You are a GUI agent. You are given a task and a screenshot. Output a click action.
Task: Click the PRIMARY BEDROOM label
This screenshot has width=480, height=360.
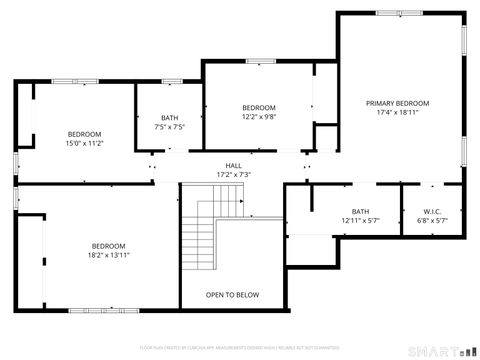397,103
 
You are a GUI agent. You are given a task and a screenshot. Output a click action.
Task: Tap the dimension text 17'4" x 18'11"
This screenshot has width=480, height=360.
397,112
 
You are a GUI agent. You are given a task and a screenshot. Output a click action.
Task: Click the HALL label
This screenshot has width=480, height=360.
233,166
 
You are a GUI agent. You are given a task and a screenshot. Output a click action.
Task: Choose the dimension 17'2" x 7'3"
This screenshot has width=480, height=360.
233,175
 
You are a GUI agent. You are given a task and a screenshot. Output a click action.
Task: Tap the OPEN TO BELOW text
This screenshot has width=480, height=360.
232,295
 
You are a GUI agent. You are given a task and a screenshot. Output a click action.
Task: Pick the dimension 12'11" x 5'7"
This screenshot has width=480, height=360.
360,220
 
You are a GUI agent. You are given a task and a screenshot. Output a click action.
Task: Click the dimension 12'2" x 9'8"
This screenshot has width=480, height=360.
258,116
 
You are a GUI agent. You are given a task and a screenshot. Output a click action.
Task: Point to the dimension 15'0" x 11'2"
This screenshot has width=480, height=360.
84,143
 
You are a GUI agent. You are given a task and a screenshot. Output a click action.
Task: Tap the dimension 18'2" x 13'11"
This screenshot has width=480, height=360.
108,255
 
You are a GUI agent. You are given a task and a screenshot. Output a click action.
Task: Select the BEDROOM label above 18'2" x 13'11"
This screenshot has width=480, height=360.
108,246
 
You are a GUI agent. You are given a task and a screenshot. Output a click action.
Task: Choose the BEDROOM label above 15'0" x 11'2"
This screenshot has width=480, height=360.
84,134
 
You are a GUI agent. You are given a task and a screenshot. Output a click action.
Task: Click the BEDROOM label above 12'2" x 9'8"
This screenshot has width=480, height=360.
258,107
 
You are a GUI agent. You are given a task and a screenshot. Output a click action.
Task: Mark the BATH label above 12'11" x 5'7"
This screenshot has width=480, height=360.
360,211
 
